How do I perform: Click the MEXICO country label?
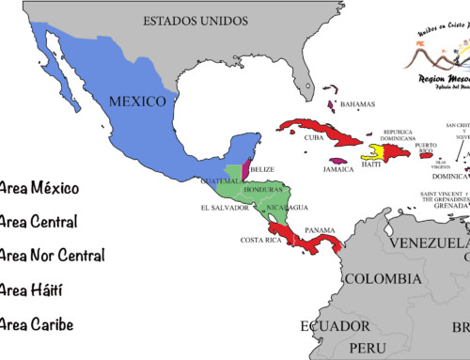coord(137,101)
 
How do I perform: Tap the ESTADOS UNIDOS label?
coord(196,20)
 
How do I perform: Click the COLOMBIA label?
coord(381,279)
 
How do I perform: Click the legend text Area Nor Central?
coord(52,255)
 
